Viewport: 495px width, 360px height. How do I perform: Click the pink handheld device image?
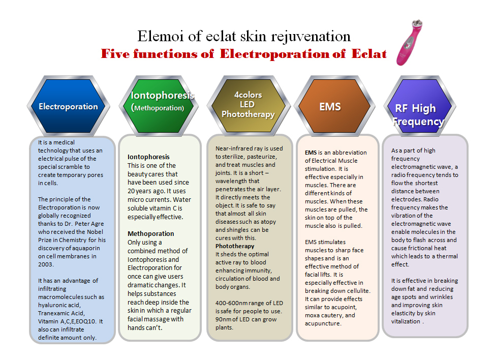[x=409, y=43]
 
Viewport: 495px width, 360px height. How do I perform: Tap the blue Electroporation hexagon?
[x=69, y=106]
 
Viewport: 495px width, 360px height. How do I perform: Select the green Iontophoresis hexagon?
[x=159, y=106]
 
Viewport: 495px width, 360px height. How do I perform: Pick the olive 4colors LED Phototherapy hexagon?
[x=248, y=106]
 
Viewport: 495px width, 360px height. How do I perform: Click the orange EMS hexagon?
[x=334, y=106]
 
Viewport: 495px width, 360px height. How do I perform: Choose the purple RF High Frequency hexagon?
[x=420, y=106]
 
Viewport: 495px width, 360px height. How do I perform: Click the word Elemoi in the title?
[x=161, y=36]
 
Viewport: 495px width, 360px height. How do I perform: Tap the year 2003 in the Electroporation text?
[x=45, y=264]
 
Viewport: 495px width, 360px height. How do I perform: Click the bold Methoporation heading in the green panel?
[x=150, y=234]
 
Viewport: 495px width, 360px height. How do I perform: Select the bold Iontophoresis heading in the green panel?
[x=148, y=157]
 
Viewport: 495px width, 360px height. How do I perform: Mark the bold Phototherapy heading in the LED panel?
[x=235, y=246]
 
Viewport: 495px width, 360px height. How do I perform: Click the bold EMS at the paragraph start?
[x=311, y=153]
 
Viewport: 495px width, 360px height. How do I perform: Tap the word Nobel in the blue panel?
[x=95, y=232]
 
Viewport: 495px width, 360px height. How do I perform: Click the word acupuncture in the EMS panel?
[x=322, y=324]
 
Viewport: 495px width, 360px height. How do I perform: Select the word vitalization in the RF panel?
[x=406, y=321]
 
